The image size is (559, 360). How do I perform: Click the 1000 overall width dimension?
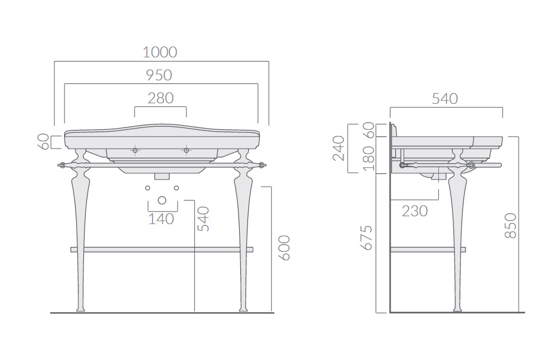point(160,53)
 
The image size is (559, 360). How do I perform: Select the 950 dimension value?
point(159,76)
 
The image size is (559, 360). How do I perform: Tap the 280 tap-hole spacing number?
point(161,98)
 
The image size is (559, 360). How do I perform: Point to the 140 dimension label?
point(161,219)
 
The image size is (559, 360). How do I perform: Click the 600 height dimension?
point(284,248)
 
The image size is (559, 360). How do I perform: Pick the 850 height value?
point(511,225)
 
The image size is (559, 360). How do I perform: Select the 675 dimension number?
point(366,237)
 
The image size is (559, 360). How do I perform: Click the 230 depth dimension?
point(415,211)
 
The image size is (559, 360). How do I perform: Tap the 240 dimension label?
point(338,148)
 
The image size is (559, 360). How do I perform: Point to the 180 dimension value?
point(369,158)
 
